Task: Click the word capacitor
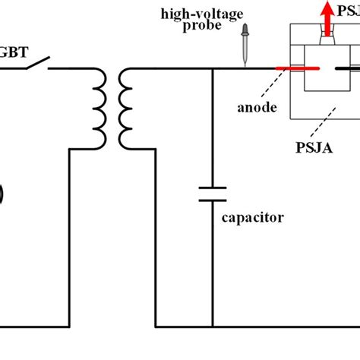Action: pyautogui.click(x=254, y=218)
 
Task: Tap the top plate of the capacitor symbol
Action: pyautogui.click(x=213, y=186)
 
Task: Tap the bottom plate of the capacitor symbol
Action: pyautogui.click(x=213, y=199)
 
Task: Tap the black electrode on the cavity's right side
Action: pyautogui.click(x=348, y=69)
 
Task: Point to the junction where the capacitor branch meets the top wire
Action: pyautogui.click(x=213, y=69)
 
